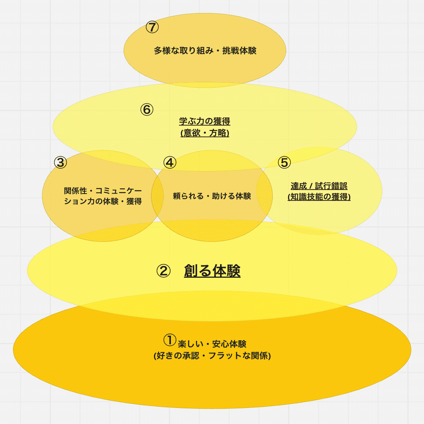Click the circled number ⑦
point(152,27)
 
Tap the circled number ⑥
point(147,110)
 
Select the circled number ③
point(60,162)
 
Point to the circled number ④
point(170,162)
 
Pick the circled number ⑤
point(284,162)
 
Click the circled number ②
point(163,271)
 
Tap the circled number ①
point(170,340)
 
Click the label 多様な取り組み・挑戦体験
point(205,51)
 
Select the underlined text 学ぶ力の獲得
point(205,121)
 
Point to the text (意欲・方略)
point(205,133)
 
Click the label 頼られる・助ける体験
point(212,196)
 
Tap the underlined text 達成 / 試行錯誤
point(319,186)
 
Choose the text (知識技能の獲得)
point(319,197)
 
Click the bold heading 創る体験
point(212,271)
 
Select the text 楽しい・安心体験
point(212,344)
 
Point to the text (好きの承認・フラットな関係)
point(212,356)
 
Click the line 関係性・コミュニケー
point(103,190)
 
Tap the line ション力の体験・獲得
point(103,201)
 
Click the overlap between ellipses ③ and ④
point(158,196)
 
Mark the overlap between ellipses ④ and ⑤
point(265,196)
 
